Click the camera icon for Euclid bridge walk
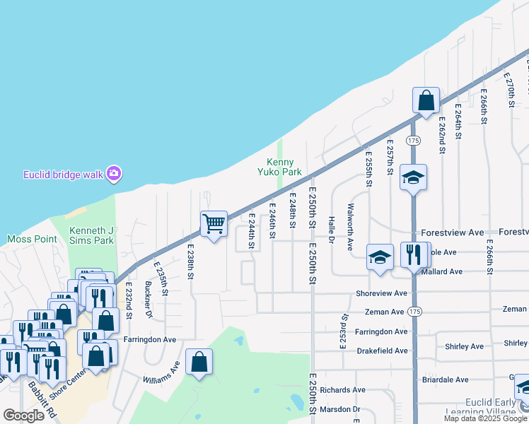point(114,173)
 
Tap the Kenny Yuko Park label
point(284,167)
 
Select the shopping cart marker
point(214,224)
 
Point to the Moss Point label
point(32,239)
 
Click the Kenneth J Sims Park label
point(91,236)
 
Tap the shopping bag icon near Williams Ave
point(199,362)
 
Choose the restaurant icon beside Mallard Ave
point(413,254)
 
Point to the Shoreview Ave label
point(382,293)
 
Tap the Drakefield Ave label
point(382,351)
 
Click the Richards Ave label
point(342,389)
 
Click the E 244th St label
point(250,232)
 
